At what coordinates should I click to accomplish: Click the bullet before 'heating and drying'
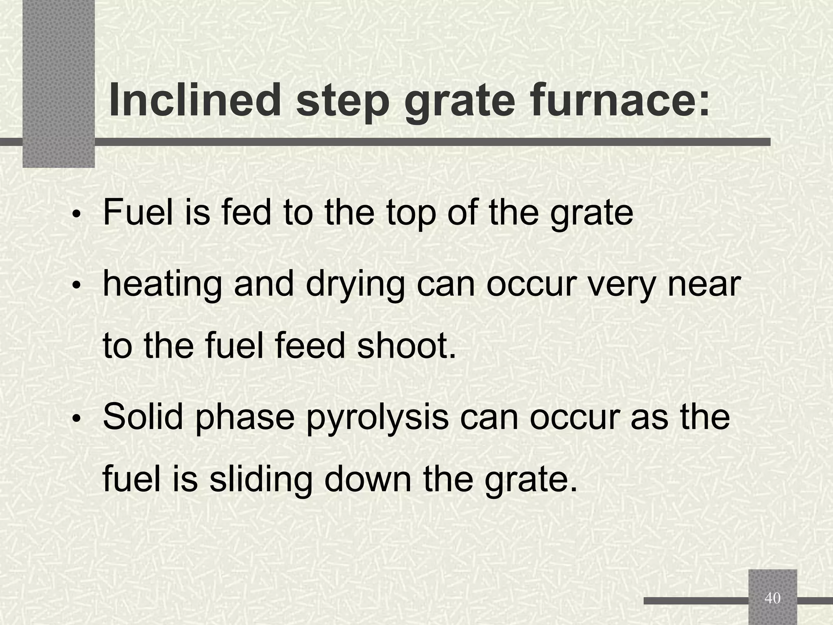[76, 286]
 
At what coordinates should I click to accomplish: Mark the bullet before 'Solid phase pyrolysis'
[76, 419]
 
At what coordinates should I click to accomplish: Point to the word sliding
[261, 479]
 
